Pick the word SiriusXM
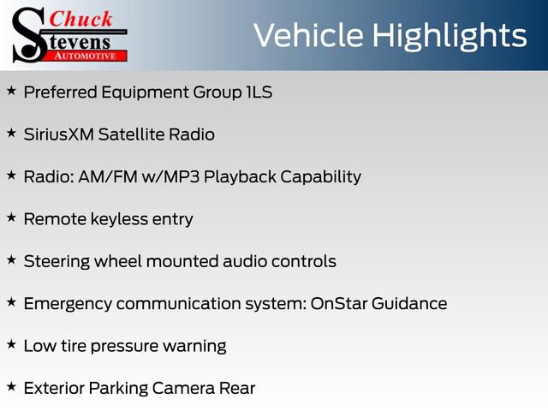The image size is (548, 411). tap(58, 134)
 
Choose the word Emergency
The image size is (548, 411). tap(68, 303)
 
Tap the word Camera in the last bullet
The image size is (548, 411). tap(182, 388)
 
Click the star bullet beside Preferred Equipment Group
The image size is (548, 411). tap(11, 90)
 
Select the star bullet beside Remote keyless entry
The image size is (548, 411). tap(11, 217)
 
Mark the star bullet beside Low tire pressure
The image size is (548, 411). tap(11, 344)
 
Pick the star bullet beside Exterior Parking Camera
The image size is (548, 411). tap(11, 386)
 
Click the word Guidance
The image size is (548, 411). tap(409, 303)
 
